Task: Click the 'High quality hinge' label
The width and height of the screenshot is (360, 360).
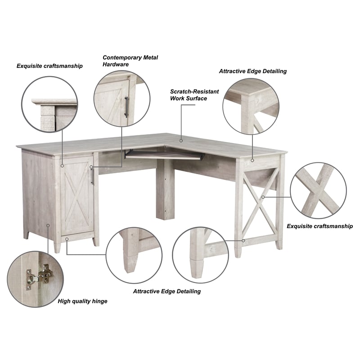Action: [x=82, y=301]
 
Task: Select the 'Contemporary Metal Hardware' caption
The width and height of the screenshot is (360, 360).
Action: [x=130, y=61]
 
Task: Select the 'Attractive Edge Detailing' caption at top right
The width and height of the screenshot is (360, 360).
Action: [x=252, y=71]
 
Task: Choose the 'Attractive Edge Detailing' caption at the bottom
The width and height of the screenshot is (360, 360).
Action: [x=166, y=291]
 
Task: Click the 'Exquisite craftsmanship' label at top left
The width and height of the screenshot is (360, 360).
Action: [x=49, y=66]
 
